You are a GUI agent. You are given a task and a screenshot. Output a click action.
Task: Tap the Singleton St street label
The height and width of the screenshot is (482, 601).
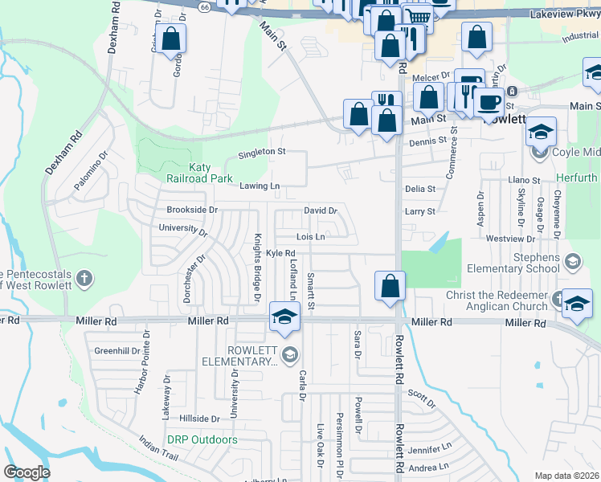click(x=261, y=151)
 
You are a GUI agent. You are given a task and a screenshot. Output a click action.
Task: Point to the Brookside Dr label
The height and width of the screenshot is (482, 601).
click(x=192, y=210)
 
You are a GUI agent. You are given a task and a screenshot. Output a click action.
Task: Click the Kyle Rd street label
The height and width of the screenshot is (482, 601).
click(x=281, y=253)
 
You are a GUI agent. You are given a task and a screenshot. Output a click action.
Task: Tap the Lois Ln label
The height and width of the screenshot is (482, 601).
click(x=310, y=237)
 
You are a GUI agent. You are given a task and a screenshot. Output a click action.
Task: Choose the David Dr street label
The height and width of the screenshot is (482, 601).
click(x=320, y=210)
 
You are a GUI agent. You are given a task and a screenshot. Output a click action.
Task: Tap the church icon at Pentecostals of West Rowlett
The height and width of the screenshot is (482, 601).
click(x=85, y=280)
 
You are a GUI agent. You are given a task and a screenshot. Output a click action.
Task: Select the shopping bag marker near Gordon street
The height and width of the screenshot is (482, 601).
click(x=170, y=38)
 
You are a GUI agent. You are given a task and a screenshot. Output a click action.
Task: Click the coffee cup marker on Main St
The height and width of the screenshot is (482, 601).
click(x=488, y=102)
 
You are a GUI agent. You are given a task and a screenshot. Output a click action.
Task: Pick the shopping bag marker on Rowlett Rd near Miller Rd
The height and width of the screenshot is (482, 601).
click(x=390, y=286)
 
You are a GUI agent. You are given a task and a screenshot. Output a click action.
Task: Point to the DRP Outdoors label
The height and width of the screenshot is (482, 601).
click(x=202, y=439)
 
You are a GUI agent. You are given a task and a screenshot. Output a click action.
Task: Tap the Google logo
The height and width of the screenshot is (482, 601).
click(x=27, y=472)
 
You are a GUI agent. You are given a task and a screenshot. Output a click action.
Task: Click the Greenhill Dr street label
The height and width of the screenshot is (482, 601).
click(x=117, y=351)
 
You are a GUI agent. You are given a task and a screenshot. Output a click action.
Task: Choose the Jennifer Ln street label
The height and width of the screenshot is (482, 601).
click(x=430, y=449)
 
